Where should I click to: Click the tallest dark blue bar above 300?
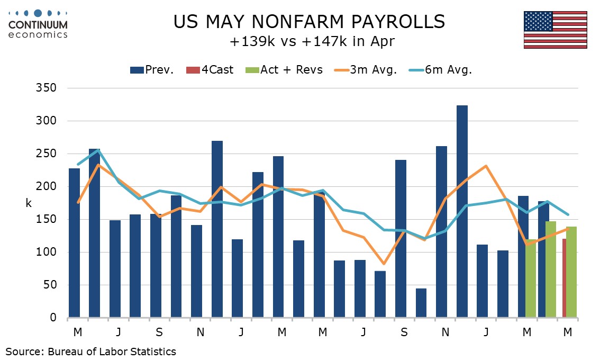pos(462,212)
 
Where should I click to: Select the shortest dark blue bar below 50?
pos(421,303)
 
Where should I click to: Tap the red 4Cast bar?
pos(565,278)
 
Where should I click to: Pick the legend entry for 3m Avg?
pos(366,70)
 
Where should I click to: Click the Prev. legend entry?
pos(152,70)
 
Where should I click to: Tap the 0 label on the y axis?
pos(53,318)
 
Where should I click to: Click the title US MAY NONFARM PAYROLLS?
pos(309,22)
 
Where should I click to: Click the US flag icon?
pos(555,30)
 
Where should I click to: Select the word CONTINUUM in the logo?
pos(38,24)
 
